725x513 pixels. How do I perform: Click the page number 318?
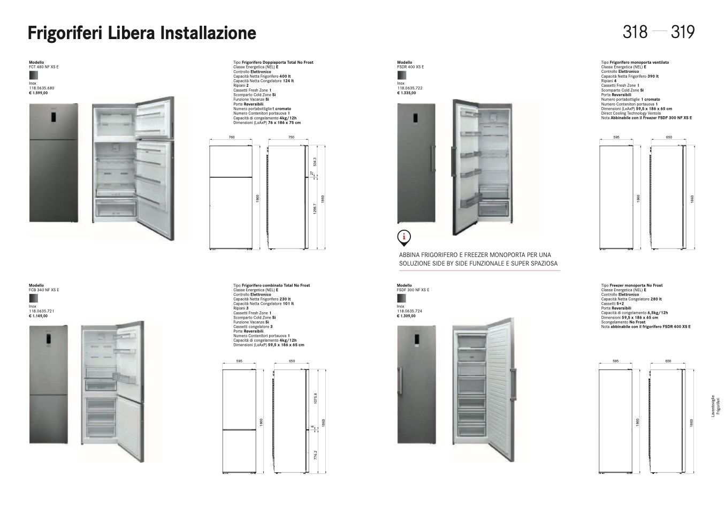pyautogui.click(x=635, y=32)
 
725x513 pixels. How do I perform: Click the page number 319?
pyautogui.click(x=682, y=32)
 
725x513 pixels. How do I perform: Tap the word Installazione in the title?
pyautogui.click(x=208, y=33)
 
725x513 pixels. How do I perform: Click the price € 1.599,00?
pyautogui.click(x=39, y=93)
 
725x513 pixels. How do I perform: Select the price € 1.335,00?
pyautogui.click(x=407, y=93)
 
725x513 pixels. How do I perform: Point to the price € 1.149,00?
pyautogui.click(x=39, y=316)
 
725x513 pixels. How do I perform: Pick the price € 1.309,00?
pyautogui.click(x=407, y=316)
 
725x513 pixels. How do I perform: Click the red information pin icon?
pyautogui.click(x=405, y=237)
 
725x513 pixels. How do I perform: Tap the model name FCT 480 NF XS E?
pyautogui.click(x=44, y=67)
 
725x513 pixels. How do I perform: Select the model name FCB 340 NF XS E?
pyautogui.click(x=44, y=290)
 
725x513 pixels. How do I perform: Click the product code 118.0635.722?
pyautogui.click(x=410, y=88)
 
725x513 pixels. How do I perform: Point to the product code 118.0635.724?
pyautogui.click(x=410, y=311)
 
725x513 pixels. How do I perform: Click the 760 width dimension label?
pyautogui.click(x=232, y=138)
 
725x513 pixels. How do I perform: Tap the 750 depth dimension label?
pyautogui.click(x=291, y=138)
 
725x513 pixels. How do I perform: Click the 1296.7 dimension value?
pyautogui.click(x=315, y=210)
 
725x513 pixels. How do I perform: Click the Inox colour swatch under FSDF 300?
pyautogui.click(x=401, y=298)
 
